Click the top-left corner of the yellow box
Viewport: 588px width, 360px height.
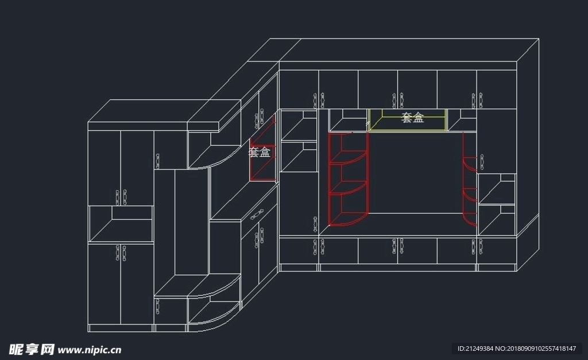coord(369,110)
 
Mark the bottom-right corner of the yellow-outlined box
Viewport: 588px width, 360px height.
coord(447,131)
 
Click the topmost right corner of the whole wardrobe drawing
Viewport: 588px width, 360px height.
coord(539,38)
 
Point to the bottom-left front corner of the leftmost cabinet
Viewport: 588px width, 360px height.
coord(88,332)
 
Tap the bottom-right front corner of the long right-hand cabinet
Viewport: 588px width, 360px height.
coord(517,271)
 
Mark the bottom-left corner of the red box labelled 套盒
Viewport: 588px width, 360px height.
coord(251,180)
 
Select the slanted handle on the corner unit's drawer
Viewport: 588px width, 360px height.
coord(257,215)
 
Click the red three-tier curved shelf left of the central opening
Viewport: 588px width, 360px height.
coord(349,179)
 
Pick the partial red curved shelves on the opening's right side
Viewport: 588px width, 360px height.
coord(470,179)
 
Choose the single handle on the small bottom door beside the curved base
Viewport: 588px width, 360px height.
coord(157,307)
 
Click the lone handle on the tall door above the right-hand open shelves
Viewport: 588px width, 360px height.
coord(482,162)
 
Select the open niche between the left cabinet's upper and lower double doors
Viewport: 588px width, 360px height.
coord(121,224)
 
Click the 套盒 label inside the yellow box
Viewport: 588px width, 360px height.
coord(412,118)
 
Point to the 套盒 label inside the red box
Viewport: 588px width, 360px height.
coord(260,152)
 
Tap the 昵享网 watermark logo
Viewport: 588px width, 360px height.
coord(32,350)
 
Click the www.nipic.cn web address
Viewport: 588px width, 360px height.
coord(90,351)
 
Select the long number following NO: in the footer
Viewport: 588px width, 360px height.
coord(541,349)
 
